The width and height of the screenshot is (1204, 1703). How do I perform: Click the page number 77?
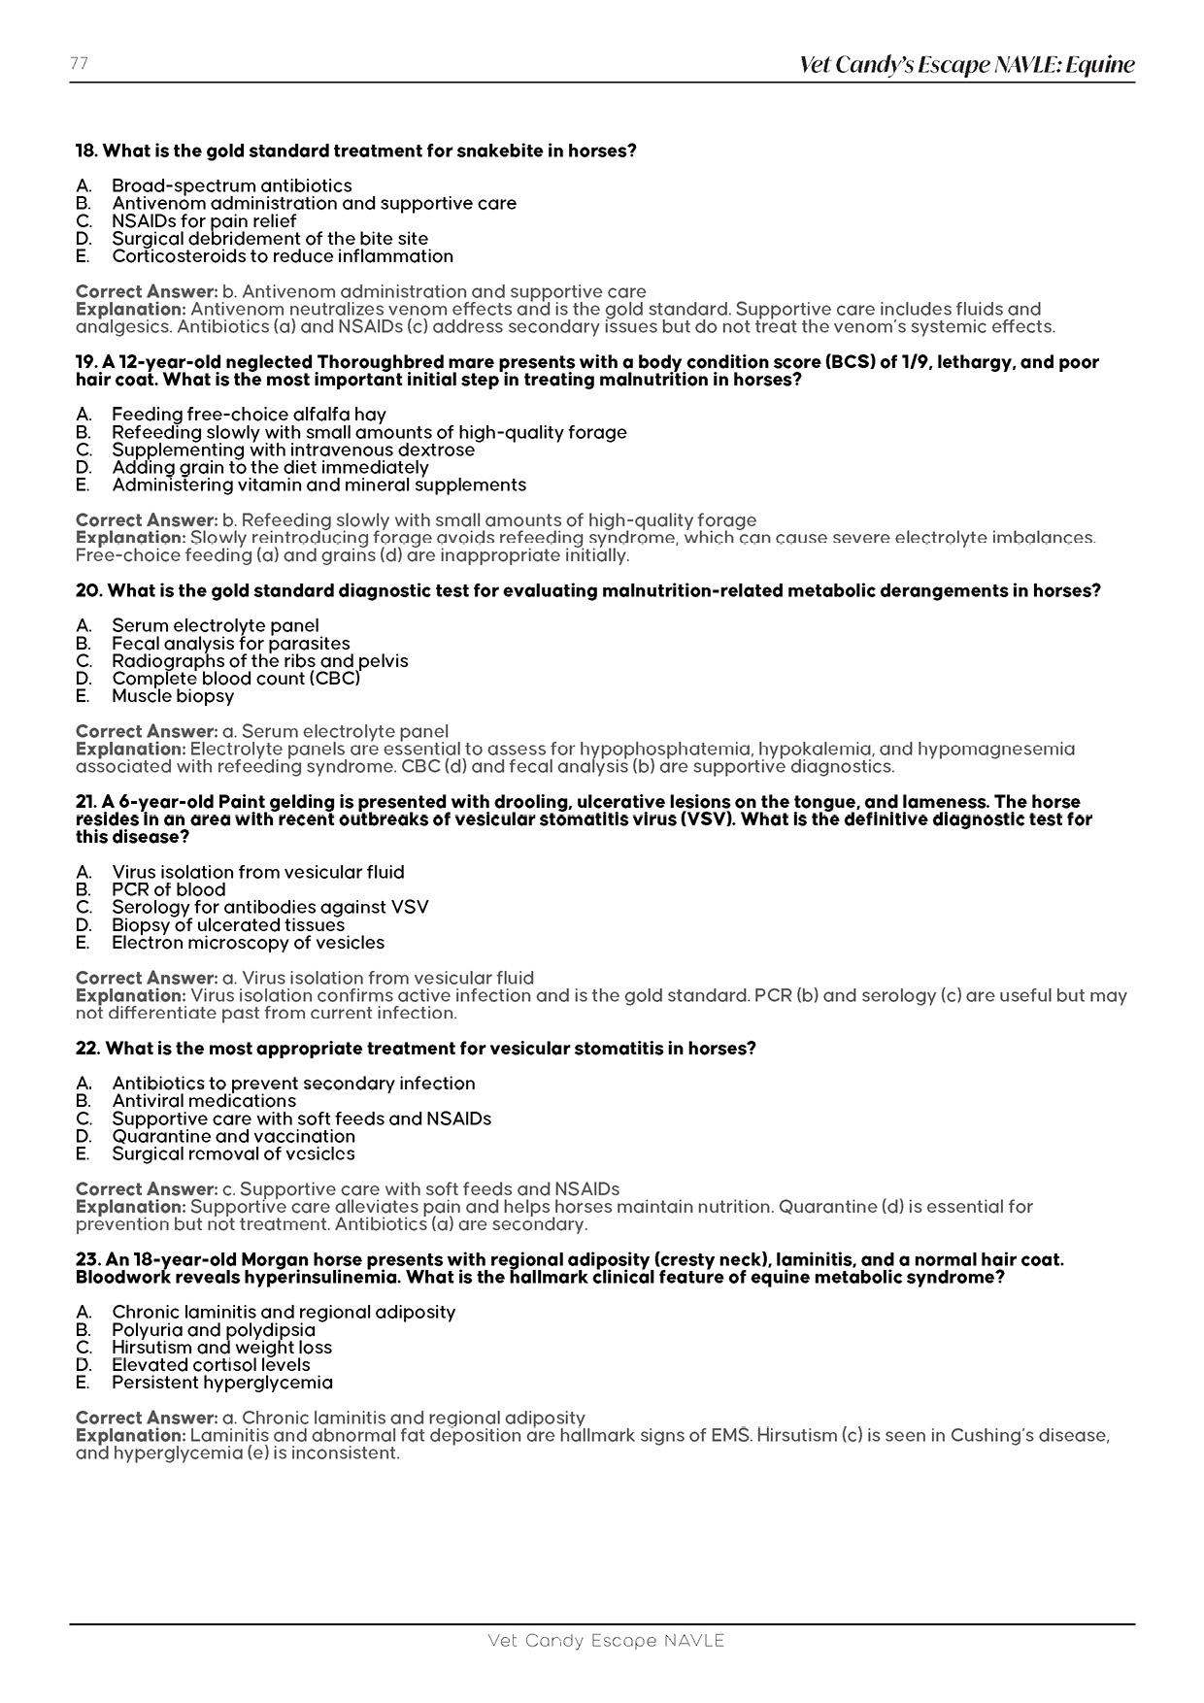[79, 63]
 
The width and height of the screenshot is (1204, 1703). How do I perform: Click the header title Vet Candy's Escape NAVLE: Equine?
[966, 65]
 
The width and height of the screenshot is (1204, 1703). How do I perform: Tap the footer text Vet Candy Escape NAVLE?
[606, 1641]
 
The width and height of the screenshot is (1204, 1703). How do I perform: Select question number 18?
[87, 150]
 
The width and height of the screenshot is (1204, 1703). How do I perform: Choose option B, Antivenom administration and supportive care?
[314, 203]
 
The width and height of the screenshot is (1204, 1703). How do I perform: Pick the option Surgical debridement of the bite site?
[269, 238]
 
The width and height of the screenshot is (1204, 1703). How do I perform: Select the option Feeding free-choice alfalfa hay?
[249, 415]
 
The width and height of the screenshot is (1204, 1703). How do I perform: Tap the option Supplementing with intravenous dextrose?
[293, 450]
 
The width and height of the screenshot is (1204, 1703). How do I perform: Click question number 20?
[88, 590]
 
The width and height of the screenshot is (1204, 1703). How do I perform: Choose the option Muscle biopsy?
[173, 696]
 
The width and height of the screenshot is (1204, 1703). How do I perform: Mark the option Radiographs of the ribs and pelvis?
[259, 661]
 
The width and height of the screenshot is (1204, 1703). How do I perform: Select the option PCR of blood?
[168, 889]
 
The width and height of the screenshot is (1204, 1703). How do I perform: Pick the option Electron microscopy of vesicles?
[248, 943]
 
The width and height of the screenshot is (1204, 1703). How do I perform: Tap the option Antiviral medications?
[204, 1101]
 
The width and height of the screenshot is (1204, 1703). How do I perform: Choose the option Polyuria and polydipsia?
[214, 1330]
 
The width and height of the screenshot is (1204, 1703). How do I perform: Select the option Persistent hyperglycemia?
[222, 1383]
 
